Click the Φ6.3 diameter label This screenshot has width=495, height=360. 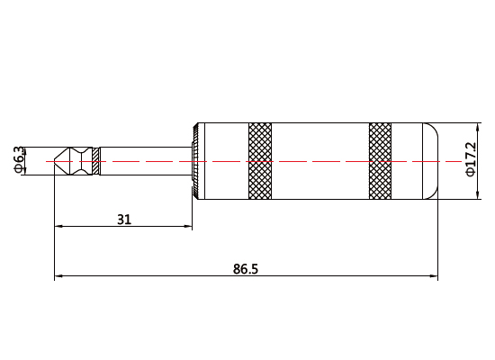coord(17,159)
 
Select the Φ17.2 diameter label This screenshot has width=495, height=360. coord(470,159)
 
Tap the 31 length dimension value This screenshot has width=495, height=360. coord(124,219)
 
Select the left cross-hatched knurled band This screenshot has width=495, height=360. coord(261,159)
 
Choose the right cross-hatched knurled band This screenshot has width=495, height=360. coord(381,159)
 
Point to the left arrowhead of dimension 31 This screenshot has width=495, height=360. coord(59,227)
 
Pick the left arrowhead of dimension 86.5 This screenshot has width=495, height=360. coord(59,276)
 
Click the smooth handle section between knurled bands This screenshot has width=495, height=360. coord(320,159)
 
